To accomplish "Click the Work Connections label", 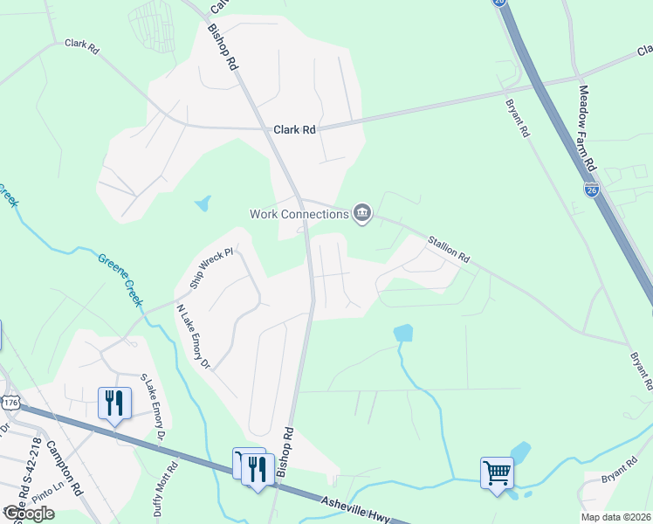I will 299,213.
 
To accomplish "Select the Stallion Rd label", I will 449,249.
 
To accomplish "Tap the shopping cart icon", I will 497,474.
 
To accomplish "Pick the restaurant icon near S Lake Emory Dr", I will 114,403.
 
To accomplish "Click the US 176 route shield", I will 10,403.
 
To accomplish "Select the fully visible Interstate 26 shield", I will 592,189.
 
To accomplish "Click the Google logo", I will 29,514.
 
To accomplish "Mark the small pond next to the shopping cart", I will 521,452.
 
